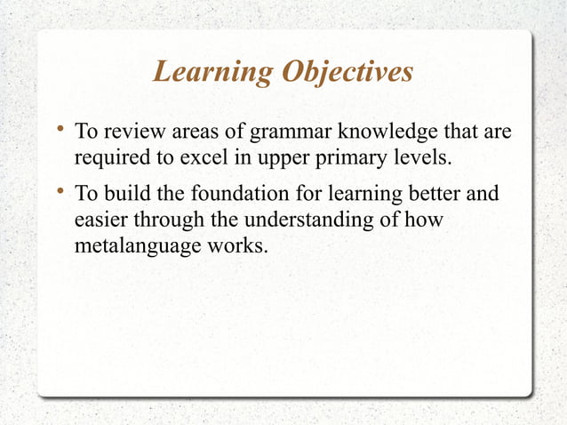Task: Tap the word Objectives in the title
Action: (x=347, y=72)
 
